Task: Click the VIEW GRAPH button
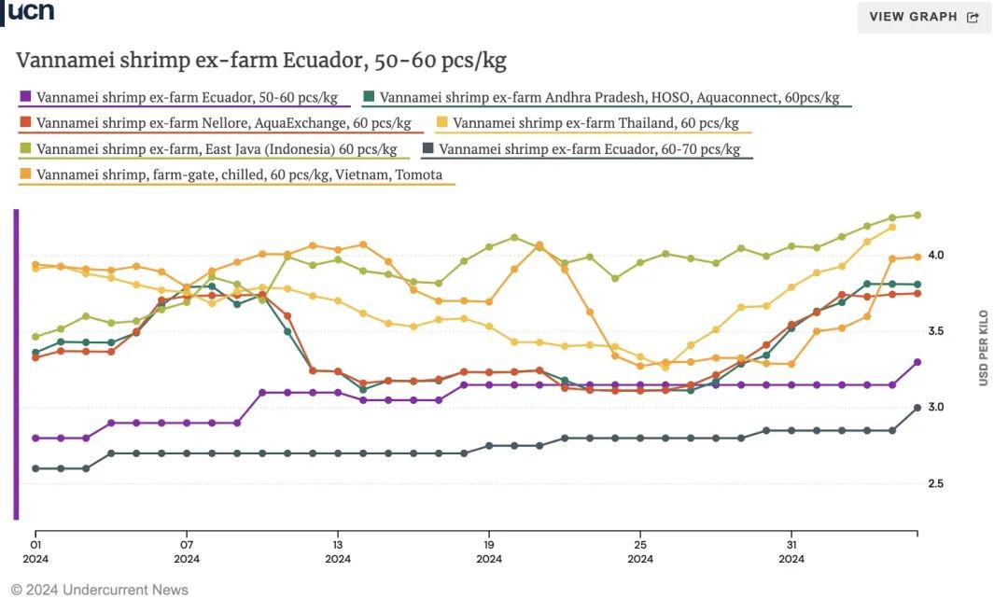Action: (x=924, y=17)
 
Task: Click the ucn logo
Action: (x=31, y=11)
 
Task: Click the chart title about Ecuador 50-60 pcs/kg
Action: (x=261, y=62)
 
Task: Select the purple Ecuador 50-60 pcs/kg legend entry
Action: (x=184, y=97)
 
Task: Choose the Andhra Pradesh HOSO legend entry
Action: (x=607, y=97)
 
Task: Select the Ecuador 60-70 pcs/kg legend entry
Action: (x=587, y=149)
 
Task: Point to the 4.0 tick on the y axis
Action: (x=935, y=256)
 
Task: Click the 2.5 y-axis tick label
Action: (x=935, y=484)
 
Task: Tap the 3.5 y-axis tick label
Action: (x=935, y=332)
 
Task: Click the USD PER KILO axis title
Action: (x=983, y=348)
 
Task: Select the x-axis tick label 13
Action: (x=338, y=545)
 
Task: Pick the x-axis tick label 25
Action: (x=640, y=545)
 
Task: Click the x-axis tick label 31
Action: (x=791, y=545)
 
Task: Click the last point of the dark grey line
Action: (x=917, y=408)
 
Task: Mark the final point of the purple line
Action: (x=917, y=362)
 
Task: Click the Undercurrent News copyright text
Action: (x=100, y=590)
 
